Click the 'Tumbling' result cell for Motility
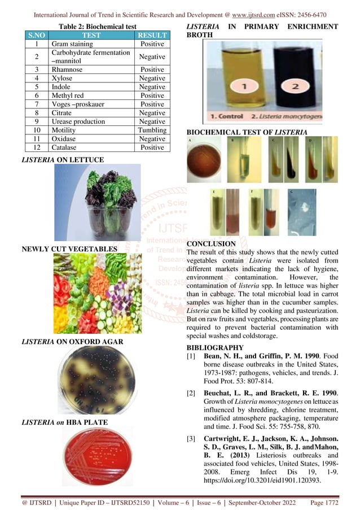pos(152,130)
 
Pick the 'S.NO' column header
pos(36,35)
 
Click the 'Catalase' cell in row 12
pos(64,147)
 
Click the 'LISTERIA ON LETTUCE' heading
pos(62,160)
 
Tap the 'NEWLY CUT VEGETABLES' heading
pos(69,249)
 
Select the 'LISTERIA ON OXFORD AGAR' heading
pos(72,342)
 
